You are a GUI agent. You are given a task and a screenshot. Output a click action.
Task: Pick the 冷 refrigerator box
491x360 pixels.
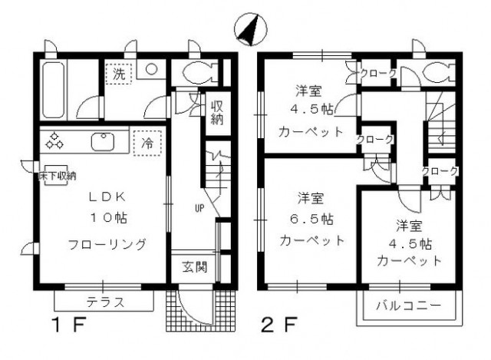tap(147, 143)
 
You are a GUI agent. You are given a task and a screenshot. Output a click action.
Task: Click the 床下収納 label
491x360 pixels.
tap(57, 176)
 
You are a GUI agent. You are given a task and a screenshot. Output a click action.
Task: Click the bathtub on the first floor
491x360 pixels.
tap(54, 91)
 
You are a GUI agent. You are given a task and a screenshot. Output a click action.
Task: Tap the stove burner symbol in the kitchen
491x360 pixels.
tap(55, 141)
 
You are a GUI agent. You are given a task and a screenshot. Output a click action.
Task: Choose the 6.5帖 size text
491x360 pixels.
tap(311, 218)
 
